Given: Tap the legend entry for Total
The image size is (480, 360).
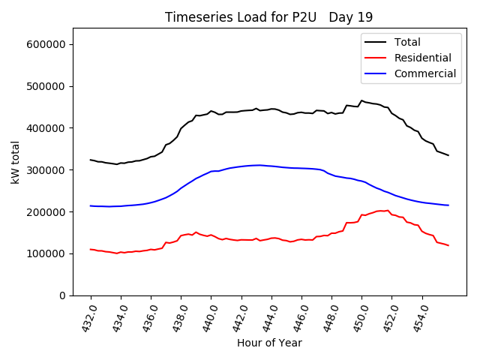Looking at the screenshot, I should click(407, 42).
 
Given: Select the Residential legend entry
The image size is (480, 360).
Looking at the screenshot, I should click(422, 58).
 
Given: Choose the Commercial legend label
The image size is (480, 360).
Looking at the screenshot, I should click(424, 73).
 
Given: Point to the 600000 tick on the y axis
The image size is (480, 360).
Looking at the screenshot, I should click(49, 44).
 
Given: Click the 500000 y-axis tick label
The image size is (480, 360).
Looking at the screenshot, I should click(49, 86).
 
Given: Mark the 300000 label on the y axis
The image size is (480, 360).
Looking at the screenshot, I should click(49, 170).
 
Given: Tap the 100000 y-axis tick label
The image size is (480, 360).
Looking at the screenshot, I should click(49, 253).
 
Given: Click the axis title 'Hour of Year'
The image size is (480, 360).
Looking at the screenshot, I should click(269, 343).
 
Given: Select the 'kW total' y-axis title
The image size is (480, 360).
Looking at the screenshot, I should click(16, 162).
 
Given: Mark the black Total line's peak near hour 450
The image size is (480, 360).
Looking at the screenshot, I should click(361, 100).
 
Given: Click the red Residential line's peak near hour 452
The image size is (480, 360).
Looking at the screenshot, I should click(388, 211).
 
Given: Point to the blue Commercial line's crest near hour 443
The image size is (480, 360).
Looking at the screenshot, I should click(259, 165).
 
